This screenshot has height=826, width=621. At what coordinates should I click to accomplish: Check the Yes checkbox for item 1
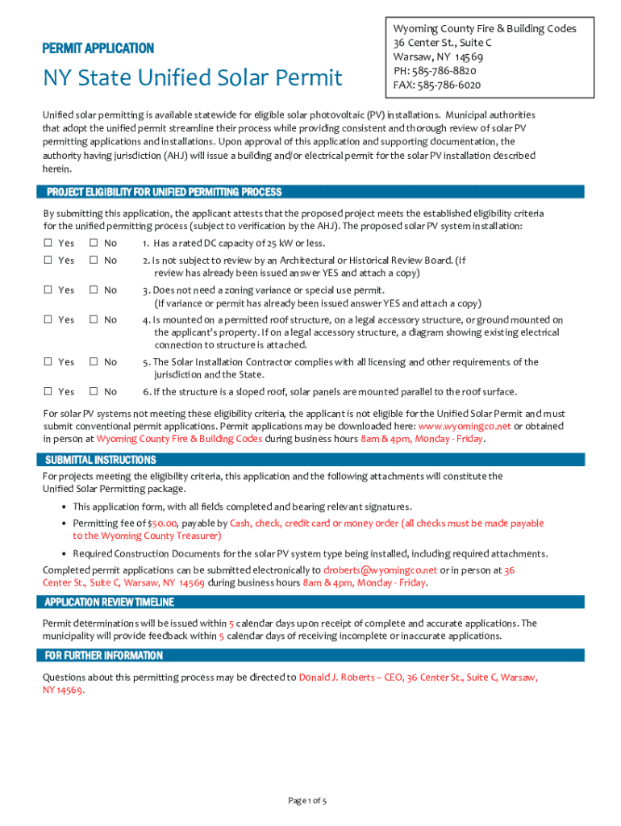coord(48,243)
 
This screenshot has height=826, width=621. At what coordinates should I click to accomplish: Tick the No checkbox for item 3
coord(93,290)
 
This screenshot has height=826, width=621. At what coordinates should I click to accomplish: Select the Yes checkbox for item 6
coord(48,391)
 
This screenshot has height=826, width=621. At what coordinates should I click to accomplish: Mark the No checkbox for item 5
coord(93,362)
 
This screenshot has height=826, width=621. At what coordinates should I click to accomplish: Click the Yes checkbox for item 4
coord(48,319)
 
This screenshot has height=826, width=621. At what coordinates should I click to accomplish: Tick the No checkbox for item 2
coord(93,260)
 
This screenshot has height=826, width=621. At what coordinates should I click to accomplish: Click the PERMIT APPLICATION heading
coord(98,48)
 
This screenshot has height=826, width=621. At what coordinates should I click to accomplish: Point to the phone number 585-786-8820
coord(452,71)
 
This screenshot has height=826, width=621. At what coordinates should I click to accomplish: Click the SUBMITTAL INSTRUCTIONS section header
coord(101,460)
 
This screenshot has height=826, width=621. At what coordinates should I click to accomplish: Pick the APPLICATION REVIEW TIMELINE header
coord(109,602)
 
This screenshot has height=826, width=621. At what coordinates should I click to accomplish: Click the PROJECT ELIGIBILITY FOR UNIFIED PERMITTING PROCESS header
coord(164,192)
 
